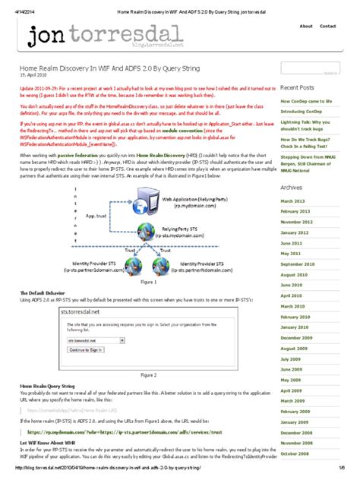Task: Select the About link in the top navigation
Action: [x=306, y=26]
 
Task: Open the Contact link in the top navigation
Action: [x=328, y=26]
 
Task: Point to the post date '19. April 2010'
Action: [x=35, y=75]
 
